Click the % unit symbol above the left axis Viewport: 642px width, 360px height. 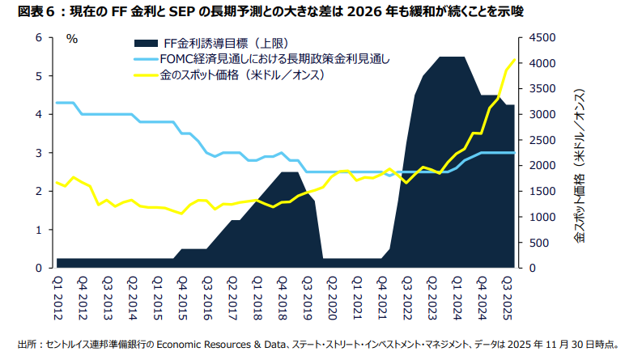[71, 38]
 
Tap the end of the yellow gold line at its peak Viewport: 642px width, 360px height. [514, 60]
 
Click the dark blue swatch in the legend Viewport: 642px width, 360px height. [150, 42]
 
